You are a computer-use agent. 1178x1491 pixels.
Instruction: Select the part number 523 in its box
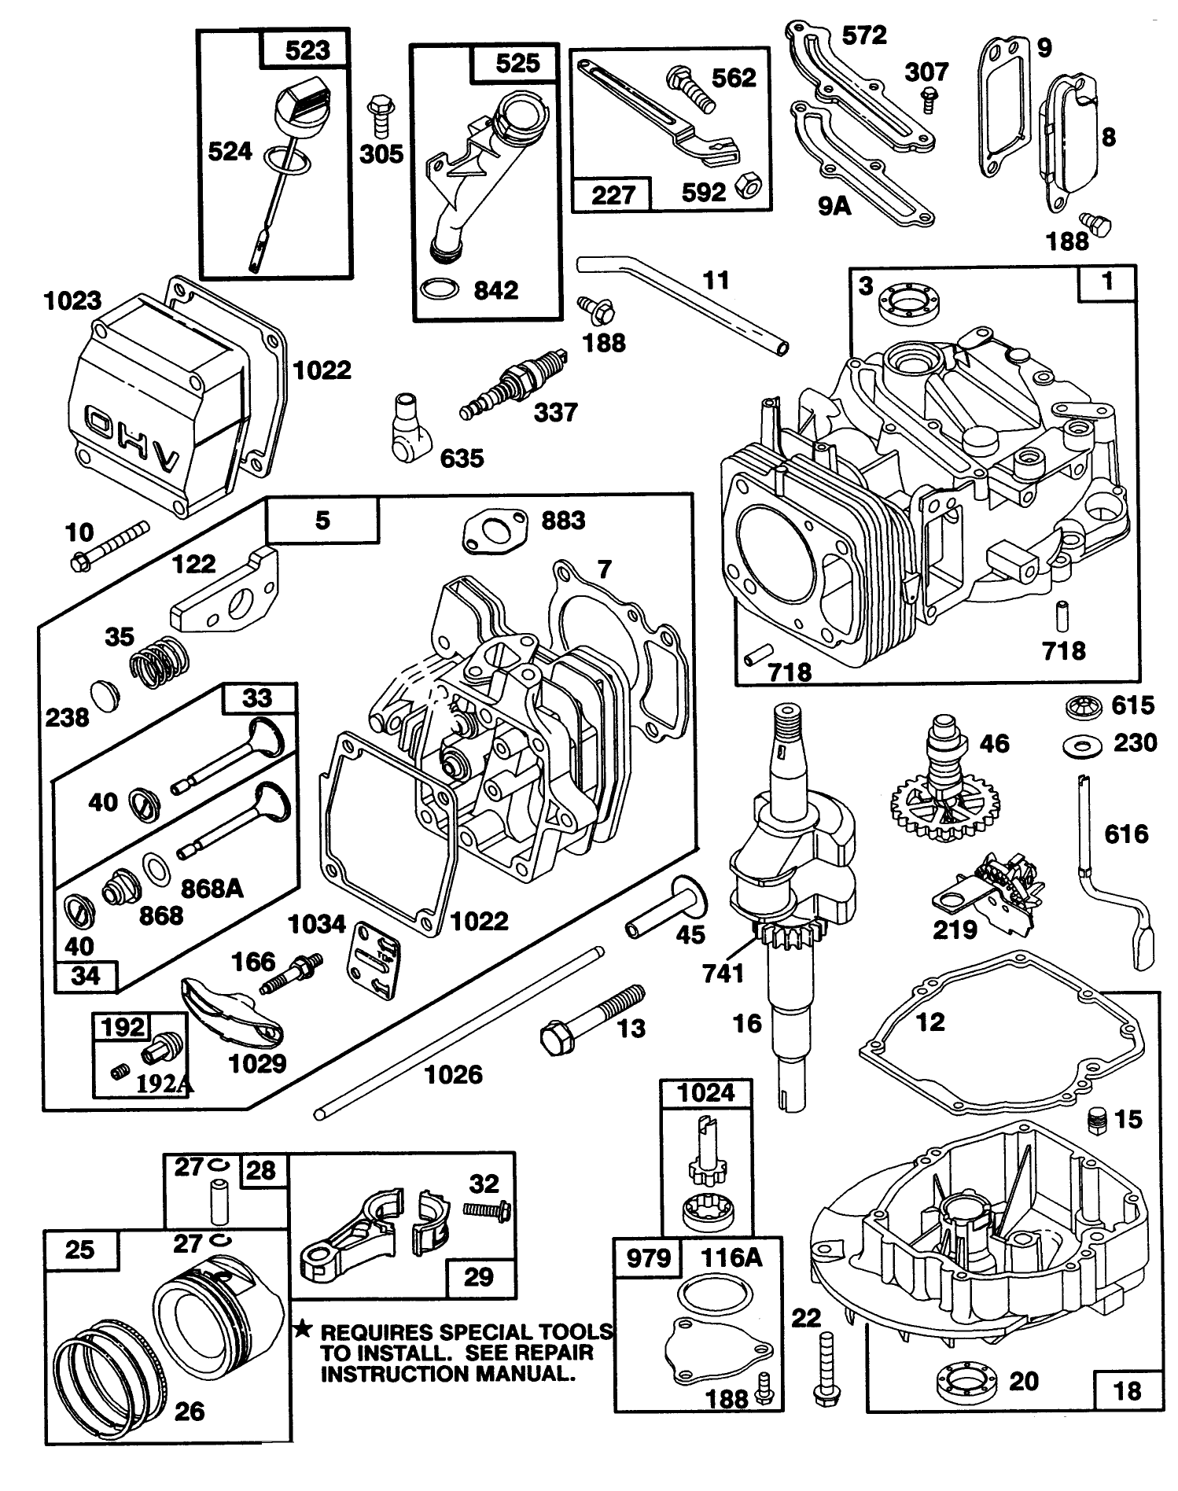307,50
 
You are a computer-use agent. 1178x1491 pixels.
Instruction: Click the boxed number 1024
705,1092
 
